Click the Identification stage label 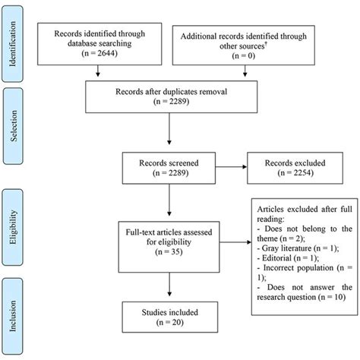[15, 46]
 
